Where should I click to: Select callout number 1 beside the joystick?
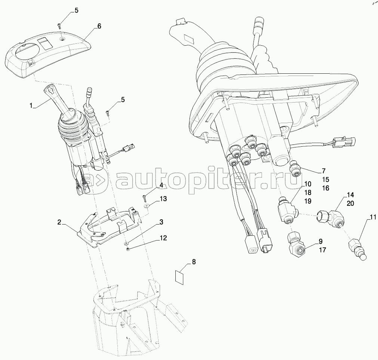tap(32, 106)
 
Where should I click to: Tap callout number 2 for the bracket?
tap(59, 222)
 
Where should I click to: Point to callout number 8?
tap(194, 262)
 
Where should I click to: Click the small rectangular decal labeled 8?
tap(180, 277)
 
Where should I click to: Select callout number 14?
tap(350, 195)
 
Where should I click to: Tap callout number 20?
tap(350, 203)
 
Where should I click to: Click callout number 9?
tap(320, 241)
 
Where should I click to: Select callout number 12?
tap(163, 238)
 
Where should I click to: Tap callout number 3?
tap(161, 222)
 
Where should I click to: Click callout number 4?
tap(161, 185)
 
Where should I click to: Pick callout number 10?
tap(307, 184)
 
